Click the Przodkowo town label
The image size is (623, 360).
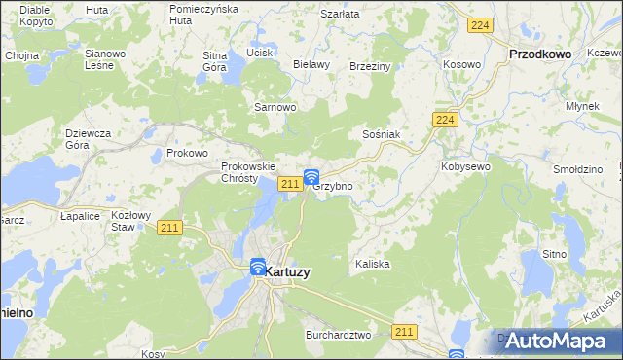coord(540,55)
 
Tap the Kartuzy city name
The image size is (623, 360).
coord(288,272)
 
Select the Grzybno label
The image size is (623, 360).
coord(332,185)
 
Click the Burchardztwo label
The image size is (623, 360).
coord(337,335)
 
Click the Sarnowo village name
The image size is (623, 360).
coord(275,107)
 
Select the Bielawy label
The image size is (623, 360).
coord(311,64)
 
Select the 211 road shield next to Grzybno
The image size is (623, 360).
coord(289,184)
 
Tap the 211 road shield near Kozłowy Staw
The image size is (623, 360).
coord(169,228)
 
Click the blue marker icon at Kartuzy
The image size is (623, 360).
coord(258,267)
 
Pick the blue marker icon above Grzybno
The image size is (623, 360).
coord(311,177)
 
